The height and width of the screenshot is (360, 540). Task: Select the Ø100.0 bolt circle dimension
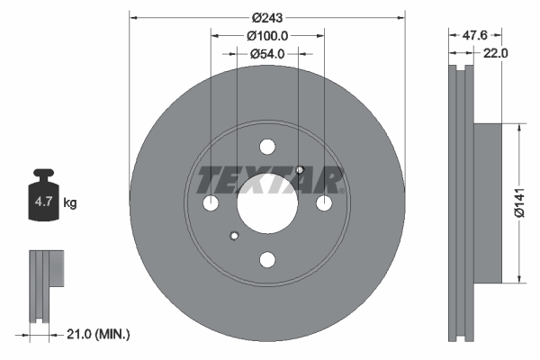pos(267,36)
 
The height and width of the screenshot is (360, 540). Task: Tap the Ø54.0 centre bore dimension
pos(267,54)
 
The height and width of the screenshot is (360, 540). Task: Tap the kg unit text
pos(70,203)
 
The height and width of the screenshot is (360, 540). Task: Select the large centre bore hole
pos(267,203)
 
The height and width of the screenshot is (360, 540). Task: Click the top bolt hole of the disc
pos(267,147)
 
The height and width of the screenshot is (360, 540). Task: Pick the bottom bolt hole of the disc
pos(267,260)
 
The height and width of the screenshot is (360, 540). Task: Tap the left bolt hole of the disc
pos(211,203)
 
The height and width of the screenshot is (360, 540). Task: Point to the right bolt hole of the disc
pos(324,203)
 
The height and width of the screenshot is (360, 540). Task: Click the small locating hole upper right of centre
pos(300,170)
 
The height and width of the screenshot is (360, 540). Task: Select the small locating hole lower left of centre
pos(234,237)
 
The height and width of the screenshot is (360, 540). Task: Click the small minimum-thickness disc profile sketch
pos(44,284)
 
